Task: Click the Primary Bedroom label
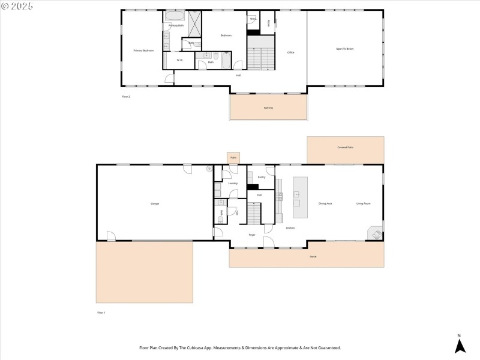pyautogui.click(x=143, y=50)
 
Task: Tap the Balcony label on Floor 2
pyautogui.click(x=268, y=108)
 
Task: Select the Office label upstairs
pyautogui.click(x=290, y=53)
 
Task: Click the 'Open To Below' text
pyautogui.click(x=345, y=49)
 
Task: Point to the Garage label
pyautogui.click(x=155, y=204)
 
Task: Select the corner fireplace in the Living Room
pyautogui.click(x=375, y=233)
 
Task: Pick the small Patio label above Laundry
pyautogui.click(x=233, y=157)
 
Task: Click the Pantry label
pyautogui.click(x=262, y=178)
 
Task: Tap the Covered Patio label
pyautogui.click(x=345, y=147)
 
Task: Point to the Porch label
pyautogui.click(x=313, y=257)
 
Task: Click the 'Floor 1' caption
pyautogui.click(x=101, y=313)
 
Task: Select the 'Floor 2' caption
pyautogui.click(x=126, y=96)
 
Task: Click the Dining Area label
pyautogui.click(x=325, y=204)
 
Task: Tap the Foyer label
pyautogui.click(x=252, y=235)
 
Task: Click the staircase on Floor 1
pyautogui.click(x=256, y=213)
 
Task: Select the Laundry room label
pyautogui.click(x=233, y=183)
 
